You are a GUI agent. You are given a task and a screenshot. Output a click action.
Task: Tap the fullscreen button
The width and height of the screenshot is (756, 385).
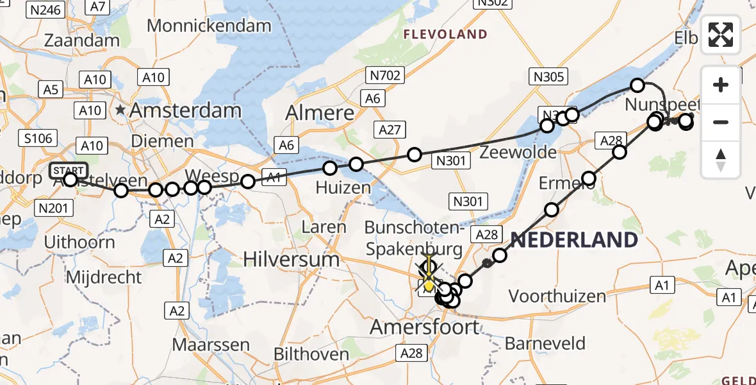pos(721,35)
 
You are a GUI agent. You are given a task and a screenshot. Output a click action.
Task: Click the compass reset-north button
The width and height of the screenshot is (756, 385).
pos(721,160)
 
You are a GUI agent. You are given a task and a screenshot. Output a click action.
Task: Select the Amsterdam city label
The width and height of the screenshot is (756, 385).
pos(185,110)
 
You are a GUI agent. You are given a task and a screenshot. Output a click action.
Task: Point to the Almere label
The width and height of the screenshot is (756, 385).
pos(320,113)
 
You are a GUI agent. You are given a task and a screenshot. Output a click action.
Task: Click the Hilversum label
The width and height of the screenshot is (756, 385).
pos(292,259)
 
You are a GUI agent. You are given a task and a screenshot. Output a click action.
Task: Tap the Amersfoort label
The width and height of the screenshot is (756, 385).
pos(424,327)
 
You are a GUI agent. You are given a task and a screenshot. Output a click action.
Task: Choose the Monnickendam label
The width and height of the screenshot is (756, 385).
pos(209,26)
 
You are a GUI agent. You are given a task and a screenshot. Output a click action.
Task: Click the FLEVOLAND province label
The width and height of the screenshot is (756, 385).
pos(445,35)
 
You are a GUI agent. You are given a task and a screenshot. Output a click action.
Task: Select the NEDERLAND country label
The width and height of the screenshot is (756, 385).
pos(574,241)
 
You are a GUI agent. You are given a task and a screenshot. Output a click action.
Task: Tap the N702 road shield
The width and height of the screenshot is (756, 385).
pos(384,76)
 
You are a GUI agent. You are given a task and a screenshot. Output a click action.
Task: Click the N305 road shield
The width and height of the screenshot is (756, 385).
pos(549,78)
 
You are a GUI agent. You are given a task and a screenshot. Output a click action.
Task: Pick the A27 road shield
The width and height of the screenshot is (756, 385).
pos(390,130)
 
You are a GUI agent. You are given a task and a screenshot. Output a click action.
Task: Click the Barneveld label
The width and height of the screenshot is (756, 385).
pos(545,343)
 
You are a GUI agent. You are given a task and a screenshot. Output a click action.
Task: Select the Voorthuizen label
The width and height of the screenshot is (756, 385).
pos(557,296)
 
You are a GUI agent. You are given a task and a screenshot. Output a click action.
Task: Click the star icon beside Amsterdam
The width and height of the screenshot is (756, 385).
pos(120,110)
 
